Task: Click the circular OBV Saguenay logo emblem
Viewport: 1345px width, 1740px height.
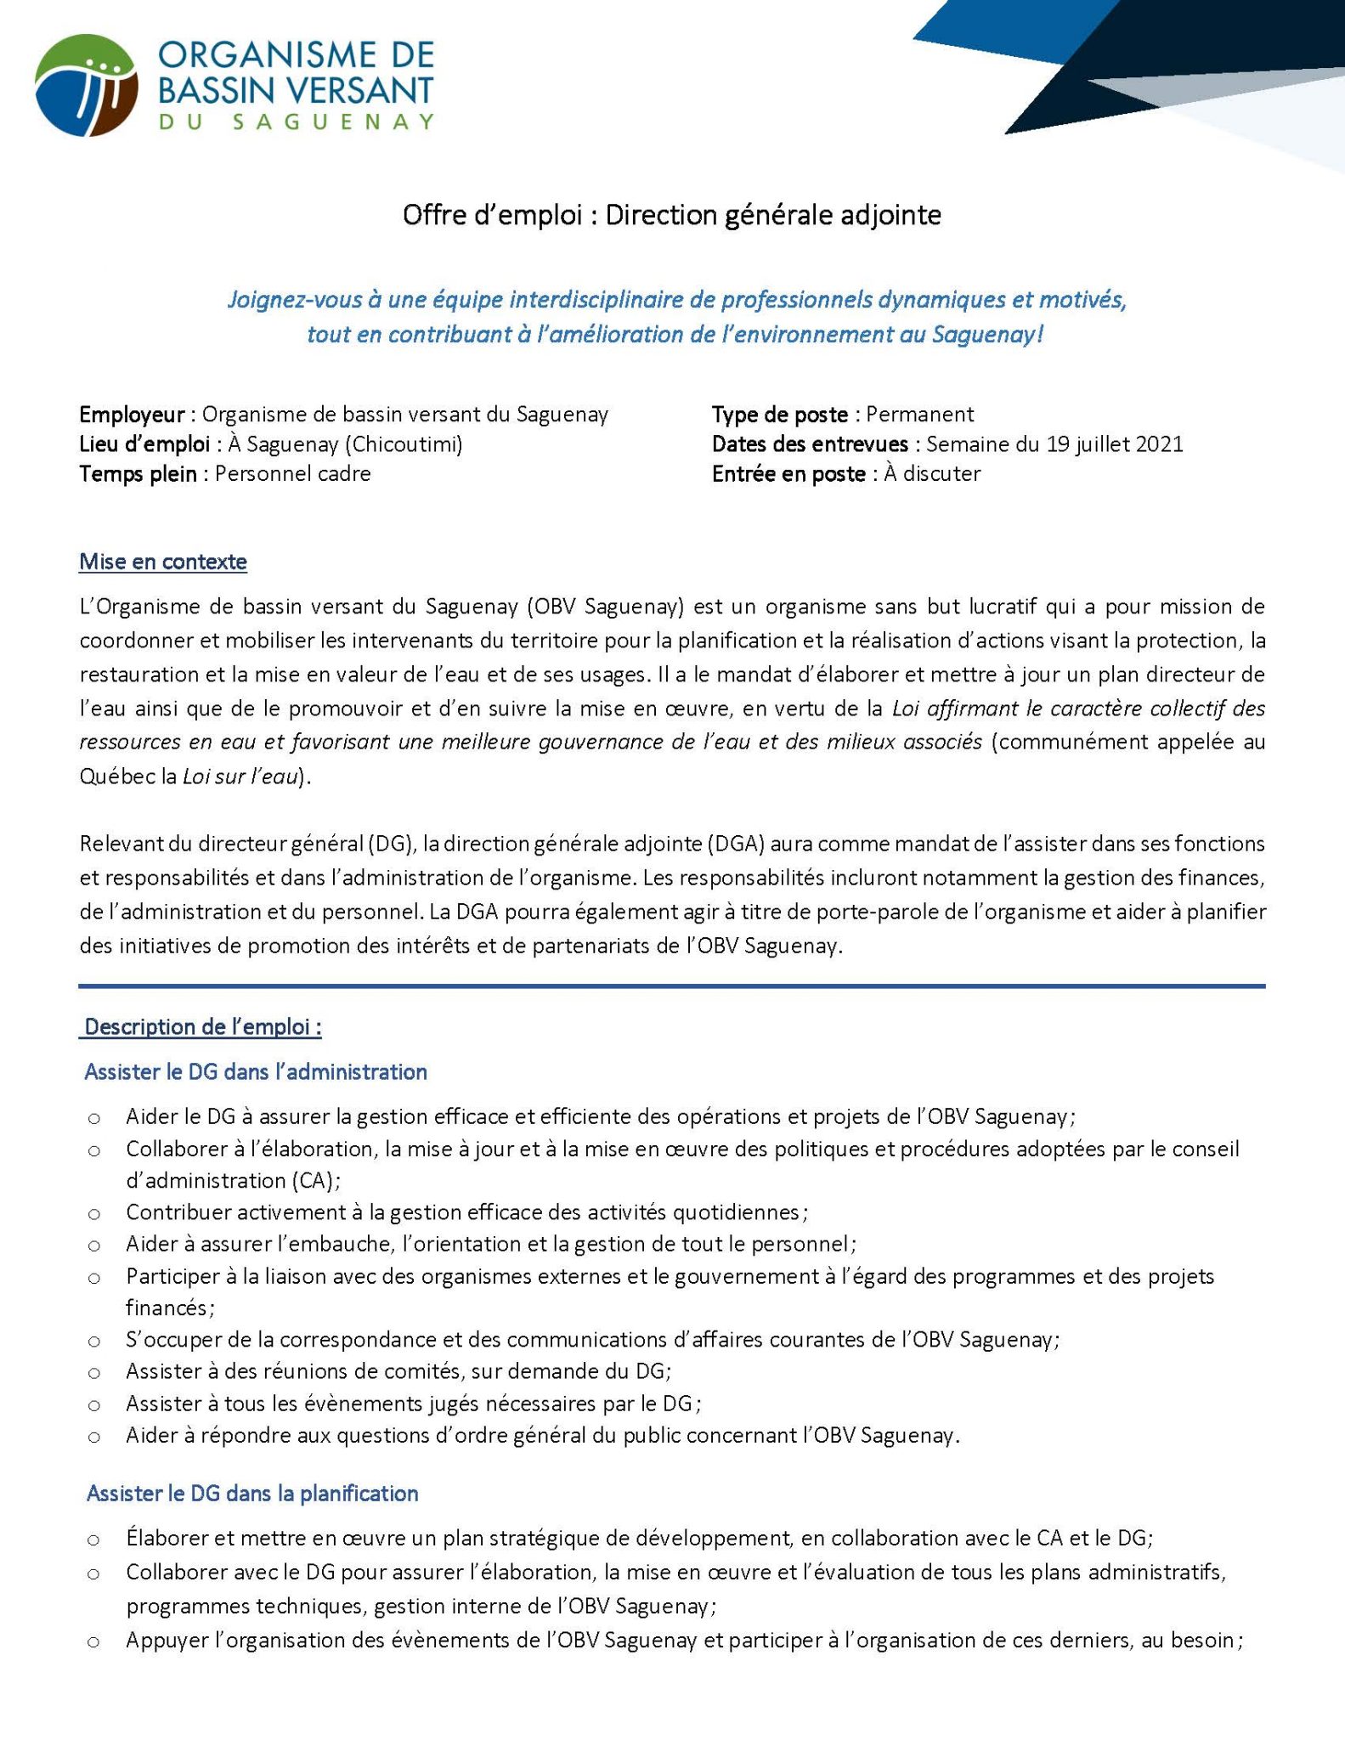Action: [86, 85]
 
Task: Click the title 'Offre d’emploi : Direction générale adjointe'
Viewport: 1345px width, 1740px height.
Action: [671, 216]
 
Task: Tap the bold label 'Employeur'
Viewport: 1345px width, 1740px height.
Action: [132, 415]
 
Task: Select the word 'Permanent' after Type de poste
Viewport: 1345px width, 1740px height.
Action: [919, 415]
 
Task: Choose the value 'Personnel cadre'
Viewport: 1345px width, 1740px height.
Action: [292, 474]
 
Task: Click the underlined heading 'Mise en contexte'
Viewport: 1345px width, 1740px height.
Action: [163, 562]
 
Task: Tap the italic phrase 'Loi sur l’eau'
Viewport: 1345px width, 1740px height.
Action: [242, 777]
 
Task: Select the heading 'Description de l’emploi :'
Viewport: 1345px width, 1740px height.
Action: [202, 1027]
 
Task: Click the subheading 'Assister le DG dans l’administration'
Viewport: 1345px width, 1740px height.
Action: [255, 1072]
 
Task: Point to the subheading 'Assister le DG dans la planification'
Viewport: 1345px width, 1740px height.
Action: [252, 1494]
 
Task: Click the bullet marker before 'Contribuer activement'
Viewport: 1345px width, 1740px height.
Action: [94, 1213]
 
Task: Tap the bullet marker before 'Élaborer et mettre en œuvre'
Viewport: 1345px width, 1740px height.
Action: [94, 1539]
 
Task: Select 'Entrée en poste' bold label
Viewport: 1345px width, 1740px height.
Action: [788, 474]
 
